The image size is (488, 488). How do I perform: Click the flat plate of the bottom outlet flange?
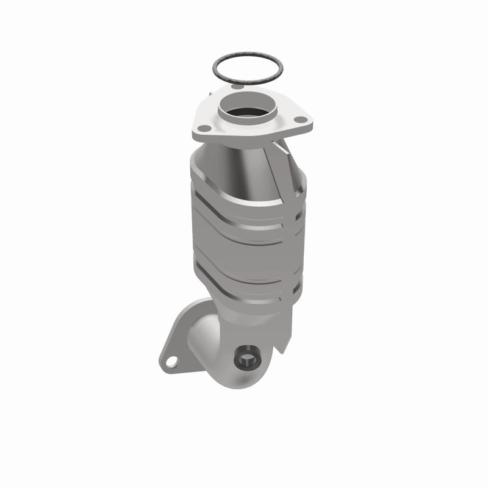pyautogui.click(x=183, y=348)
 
